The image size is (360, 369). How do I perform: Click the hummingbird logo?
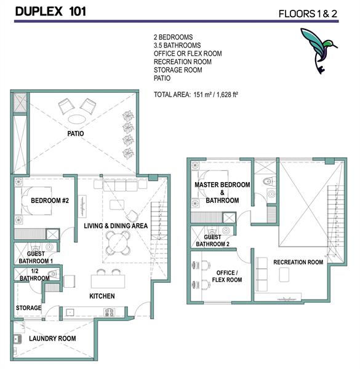[x=318, y=49]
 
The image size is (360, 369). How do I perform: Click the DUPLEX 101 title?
[x=50, y=11]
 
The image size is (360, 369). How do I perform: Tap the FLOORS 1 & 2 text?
[x=308, y=14]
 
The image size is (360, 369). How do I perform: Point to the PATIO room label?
[x=76, y=133]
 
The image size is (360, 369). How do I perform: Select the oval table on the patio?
[x=77, y=119]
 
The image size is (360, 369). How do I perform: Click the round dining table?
[x=118, y=243]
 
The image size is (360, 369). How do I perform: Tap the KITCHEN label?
[x=102, y=296]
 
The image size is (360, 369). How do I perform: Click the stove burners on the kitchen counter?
[x=110, y=312]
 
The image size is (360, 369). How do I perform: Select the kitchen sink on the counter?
[x=70, y=312]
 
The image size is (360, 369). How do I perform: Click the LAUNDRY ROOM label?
[x=52, y=338]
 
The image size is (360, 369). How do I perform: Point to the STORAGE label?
[x=28, y=308]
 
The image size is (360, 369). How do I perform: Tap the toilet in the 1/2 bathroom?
[x=53, y=274]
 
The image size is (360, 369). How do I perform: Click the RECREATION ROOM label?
[x=298, y=262]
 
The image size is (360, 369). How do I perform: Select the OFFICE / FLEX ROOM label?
[x=227, y=276]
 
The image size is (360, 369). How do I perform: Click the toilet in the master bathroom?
[x=270, y=181]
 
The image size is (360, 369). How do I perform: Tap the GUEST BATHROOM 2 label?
[x=212, y=240]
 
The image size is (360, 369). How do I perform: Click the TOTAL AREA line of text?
[x=196, y=95]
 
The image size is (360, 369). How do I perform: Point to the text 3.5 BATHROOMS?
[x=177, y=45]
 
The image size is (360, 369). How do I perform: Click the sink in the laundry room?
[x=17, y=339]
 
